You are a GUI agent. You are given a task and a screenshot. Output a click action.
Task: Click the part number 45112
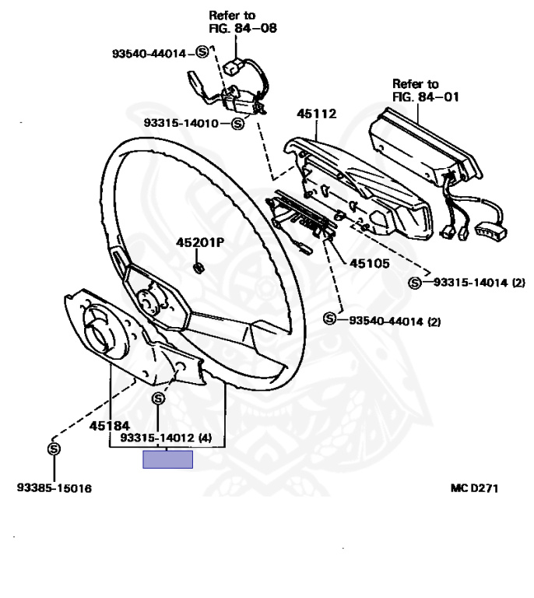coord(316,114)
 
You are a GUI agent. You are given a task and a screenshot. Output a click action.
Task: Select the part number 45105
coord(369,263)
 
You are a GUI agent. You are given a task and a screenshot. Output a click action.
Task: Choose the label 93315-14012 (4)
coord(165,438)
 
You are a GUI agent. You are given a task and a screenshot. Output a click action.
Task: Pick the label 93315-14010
coord(186,123)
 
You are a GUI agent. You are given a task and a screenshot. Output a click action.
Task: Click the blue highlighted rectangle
coord(167,459)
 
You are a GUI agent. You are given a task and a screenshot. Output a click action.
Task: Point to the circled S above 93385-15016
coord(54,449)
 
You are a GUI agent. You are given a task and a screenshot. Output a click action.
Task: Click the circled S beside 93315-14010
coord(237,123)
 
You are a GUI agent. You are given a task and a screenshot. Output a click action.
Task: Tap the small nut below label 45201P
coord(198,269)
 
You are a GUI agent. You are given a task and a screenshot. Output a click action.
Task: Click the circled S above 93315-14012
coord(158,399)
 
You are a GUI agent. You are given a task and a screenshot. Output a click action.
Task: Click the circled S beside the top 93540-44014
coord(201,53)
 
